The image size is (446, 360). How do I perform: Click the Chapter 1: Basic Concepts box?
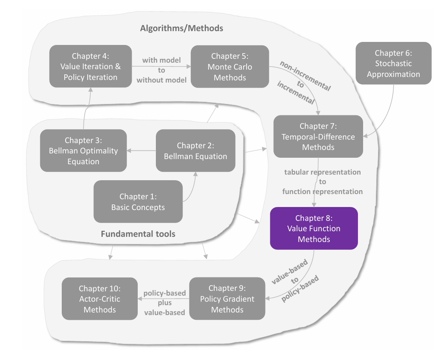coord(138,201)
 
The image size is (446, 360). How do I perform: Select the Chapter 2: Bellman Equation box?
coord(196,151)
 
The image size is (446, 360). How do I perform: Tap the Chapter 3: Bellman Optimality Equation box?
coord(83,151)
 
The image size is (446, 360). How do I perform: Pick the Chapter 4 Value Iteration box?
coord(90,67)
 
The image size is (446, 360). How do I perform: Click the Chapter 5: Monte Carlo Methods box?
coord(230,67)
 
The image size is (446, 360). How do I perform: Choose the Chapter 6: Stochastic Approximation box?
coord(393,63)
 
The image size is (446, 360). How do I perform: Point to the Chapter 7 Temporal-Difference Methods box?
coord(318,137)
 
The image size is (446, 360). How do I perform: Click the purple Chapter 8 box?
coord(314,229)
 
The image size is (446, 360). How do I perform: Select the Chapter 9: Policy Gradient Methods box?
coord(227,299)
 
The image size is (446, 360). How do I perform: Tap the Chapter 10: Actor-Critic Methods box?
coord(100,299)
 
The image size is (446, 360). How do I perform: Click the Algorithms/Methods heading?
coord(181,28)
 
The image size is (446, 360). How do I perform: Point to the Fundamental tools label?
coord(138,234)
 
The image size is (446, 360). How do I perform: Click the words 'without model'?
coord(161,80)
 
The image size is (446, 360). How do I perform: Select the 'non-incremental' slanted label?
coord(306,76)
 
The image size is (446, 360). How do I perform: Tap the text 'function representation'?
coord(322,191)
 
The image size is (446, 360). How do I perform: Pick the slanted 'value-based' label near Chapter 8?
coord(290,271)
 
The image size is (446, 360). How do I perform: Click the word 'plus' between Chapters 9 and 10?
coord(164,303)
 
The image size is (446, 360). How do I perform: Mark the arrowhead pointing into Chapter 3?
coord(129,151)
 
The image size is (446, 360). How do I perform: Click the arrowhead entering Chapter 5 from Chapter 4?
coord(189,67)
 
